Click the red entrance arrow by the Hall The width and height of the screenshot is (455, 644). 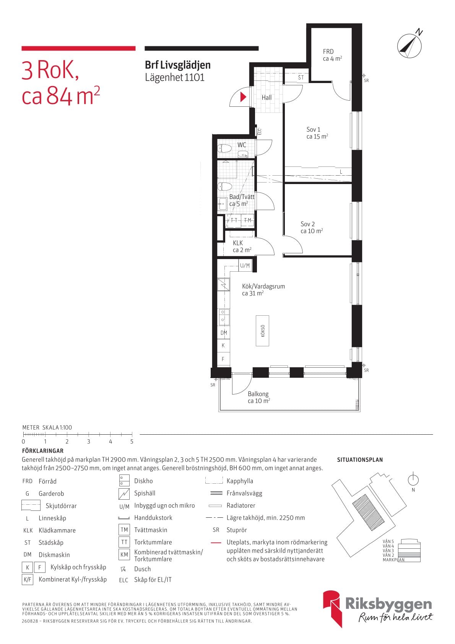(x=243, y=97)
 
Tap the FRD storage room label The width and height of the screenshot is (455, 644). (x=332, y=55)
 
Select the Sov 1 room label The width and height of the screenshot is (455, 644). (x=317, y=133)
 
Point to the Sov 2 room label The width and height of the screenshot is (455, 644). (x=312, y=227)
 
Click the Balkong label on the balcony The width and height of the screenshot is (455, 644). (x=258, y=397)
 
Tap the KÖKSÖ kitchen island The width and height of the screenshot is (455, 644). (x=263, y=331)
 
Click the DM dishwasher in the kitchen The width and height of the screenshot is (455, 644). (x=223, y=333)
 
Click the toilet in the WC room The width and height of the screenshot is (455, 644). (x=224, y=149)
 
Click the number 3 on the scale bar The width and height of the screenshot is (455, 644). (x=88, y=441)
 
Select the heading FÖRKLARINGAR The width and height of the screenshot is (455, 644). (x=43, y=451)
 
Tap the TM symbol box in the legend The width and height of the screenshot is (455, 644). (x=124, y=530)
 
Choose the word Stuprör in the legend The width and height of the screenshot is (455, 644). (x=237, y=530)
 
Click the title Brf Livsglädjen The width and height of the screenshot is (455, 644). (x=177, y=65)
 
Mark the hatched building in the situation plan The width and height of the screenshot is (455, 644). (x=368, y=510)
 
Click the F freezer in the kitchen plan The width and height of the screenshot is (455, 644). (x=223, y=359)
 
